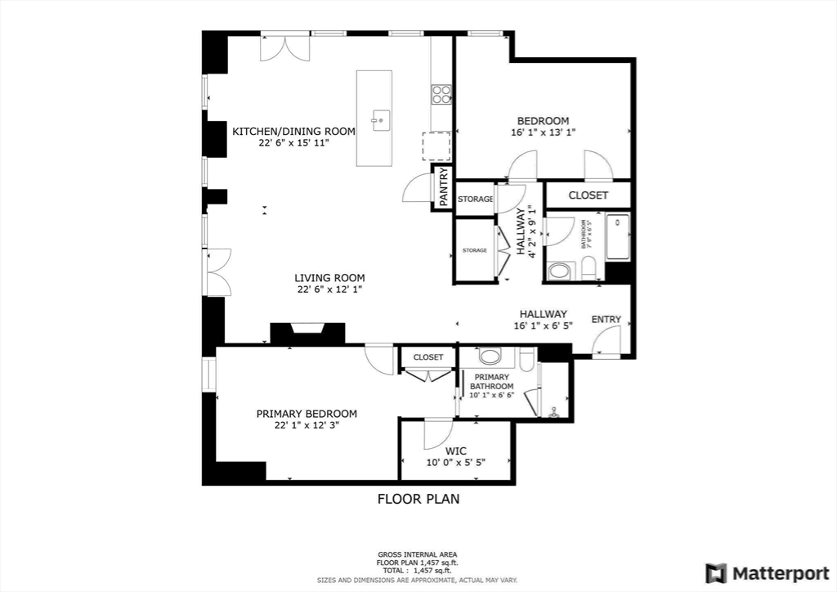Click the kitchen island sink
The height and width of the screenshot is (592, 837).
pyautogui.click(x=379, y=122)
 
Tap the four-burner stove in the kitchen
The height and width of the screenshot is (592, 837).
pyautogui.click(x=441, y=94)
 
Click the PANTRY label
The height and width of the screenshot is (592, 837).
pyautogui.click(x=443, y=187)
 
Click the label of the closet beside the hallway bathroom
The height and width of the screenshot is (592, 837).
pyautogui.click(x=588, y=195)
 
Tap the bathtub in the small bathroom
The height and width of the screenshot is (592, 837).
pyautogui.click(x=617, y=236)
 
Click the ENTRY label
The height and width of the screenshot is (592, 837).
pyautogui.click(x=606, y=320)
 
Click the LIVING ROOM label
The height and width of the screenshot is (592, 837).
pyautogui.click(x=330, y=278)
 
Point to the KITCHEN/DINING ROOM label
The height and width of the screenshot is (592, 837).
pyautogui.click(x=293, y=132)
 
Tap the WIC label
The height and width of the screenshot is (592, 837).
pyautogui.click(x=455, y=451)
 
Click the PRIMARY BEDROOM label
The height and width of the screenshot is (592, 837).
pyautogui.click(x=307, y=414)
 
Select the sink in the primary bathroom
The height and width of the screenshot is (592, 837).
pyautogui.click(x=490, y=357)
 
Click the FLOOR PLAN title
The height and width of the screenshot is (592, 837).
pyautogui.click(x=418, y=499)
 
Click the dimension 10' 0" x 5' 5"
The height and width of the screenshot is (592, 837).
pyautogui.click(x=455, y=463)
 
